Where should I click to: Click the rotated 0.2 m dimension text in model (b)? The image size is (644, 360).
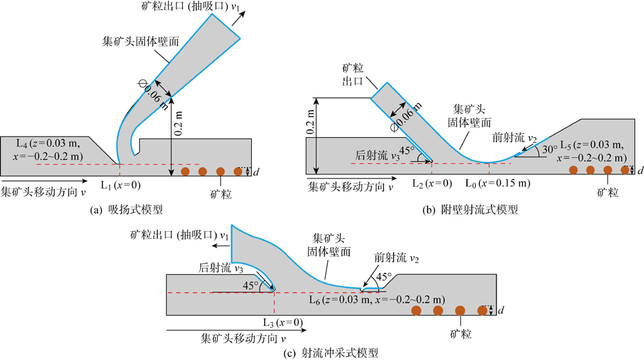click(311, 122)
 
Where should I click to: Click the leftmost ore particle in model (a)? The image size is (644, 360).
click(186, 171)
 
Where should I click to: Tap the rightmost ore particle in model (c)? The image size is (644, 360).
click(482, 312)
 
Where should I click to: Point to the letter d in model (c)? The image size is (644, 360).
click(500, 312)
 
